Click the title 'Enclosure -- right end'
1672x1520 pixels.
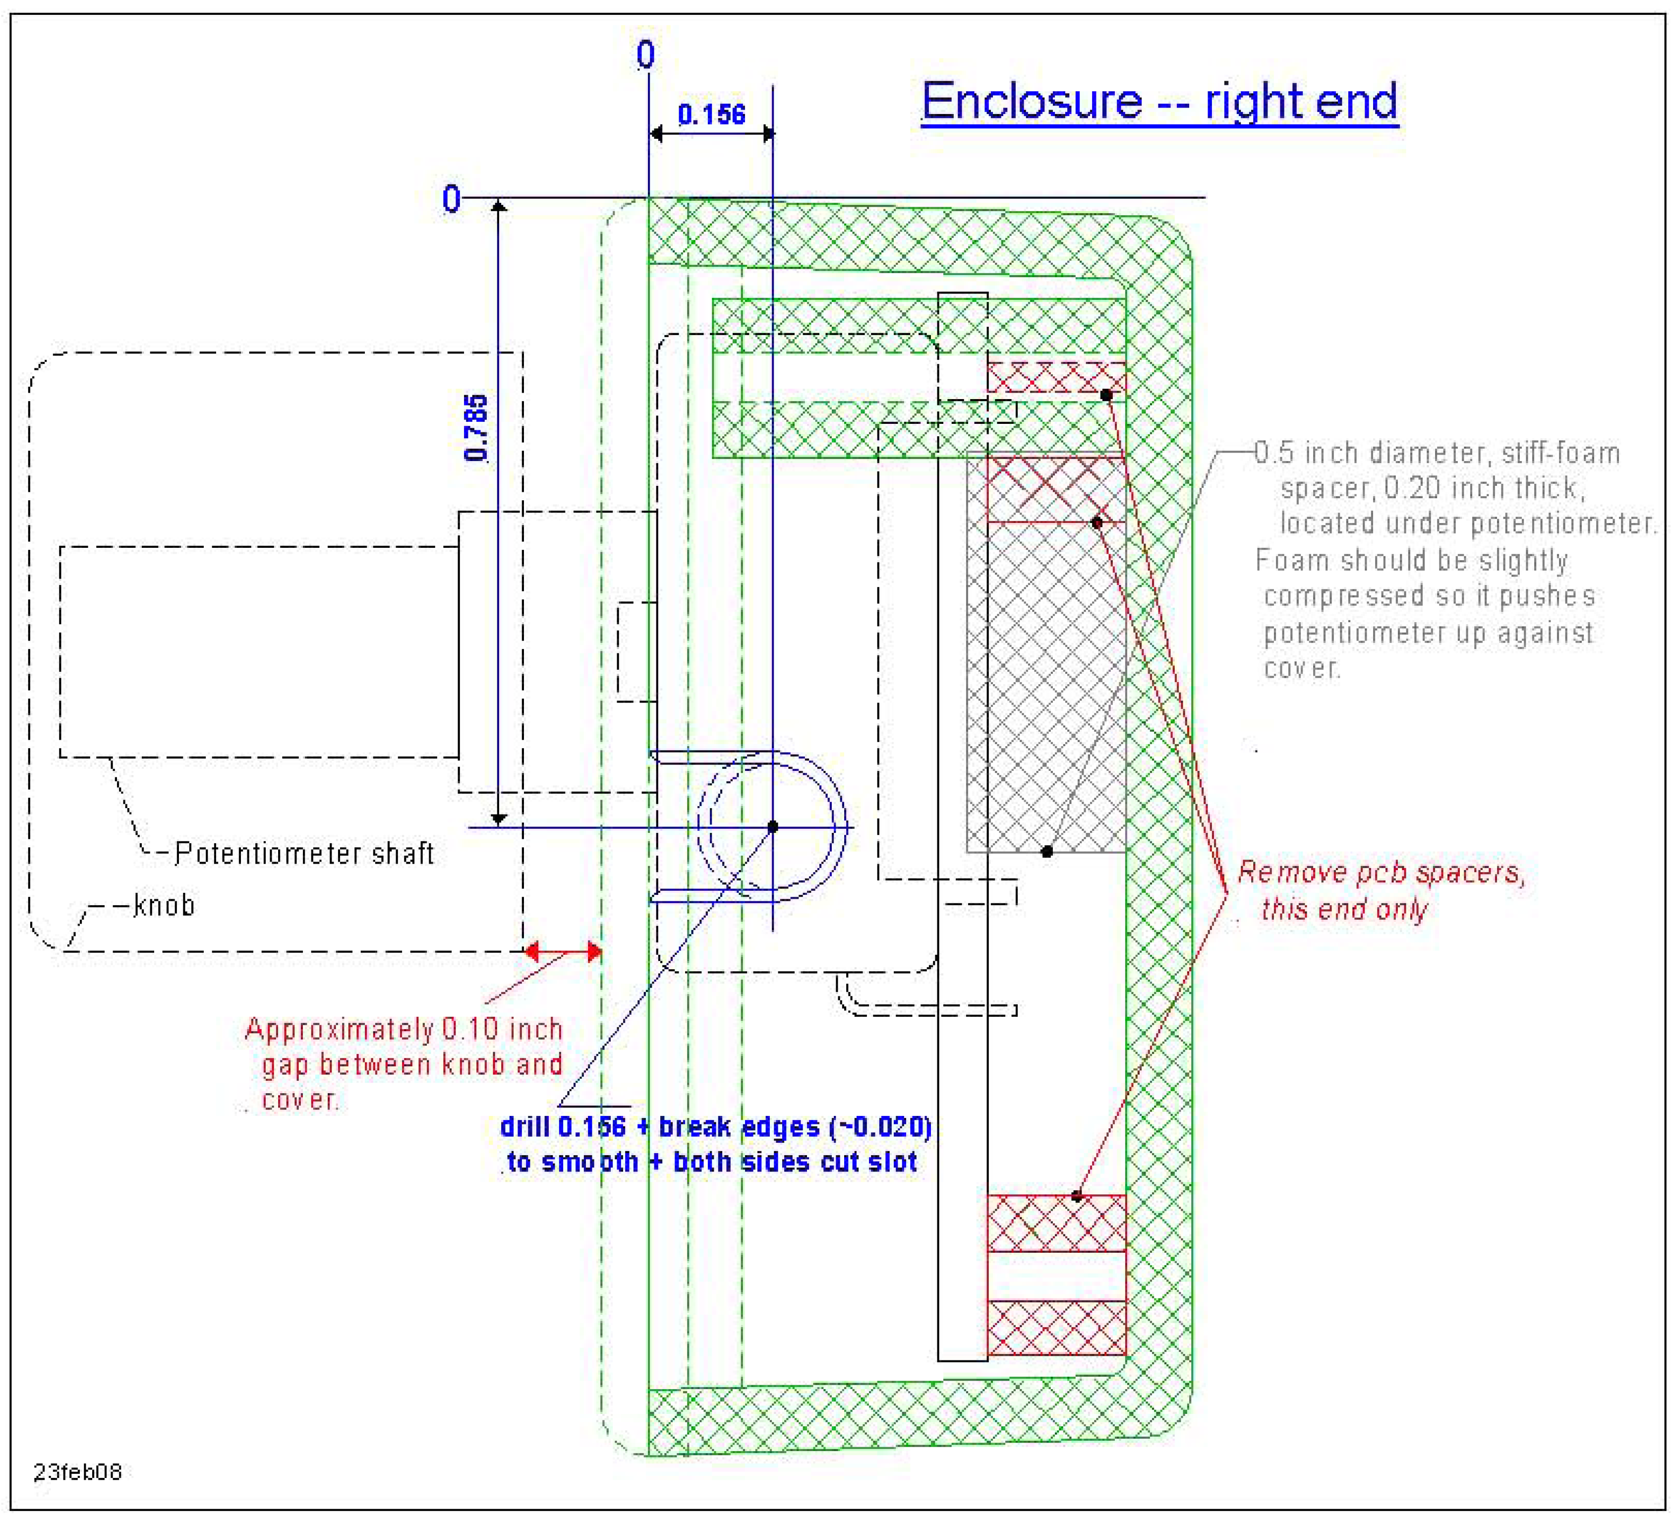click(x=1159, y=103)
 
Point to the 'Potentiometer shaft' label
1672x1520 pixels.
click(x=304, y=853)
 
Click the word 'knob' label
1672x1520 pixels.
click(x=164, y=905)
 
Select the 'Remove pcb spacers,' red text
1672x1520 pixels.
click(x=1381, y=873)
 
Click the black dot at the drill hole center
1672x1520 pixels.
click(x=772, y=827)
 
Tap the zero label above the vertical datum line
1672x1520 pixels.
click(x=645, y=55)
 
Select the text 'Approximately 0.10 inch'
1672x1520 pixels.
click(x=404, y=1029)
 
